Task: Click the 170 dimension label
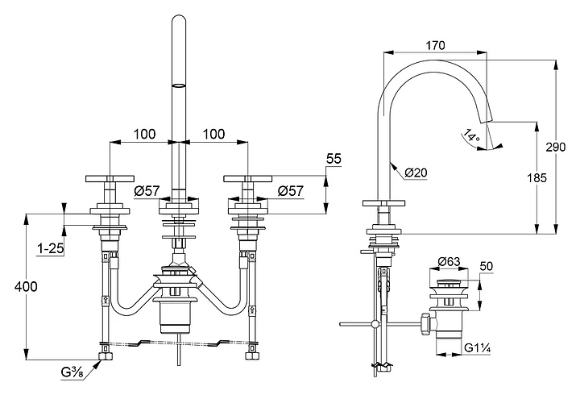[435, 45]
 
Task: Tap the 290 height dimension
[556, 147]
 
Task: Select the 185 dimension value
[536, 178]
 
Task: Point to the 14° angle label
[471, 135]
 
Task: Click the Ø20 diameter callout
[416, 173]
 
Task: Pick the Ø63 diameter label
[449, 262]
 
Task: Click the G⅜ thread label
[72, 372]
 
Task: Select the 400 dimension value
[26, 286]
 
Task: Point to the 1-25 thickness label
[51, 248]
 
